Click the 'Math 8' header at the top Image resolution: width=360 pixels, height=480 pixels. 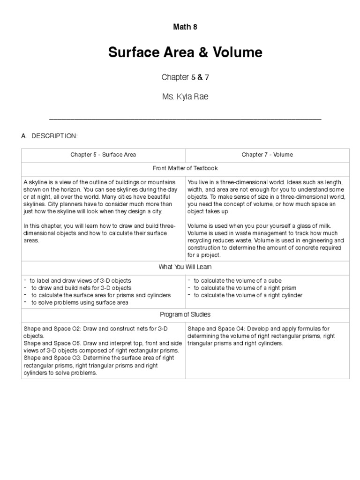(x=185, y=27)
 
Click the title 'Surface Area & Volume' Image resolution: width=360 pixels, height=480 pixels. (x=185, y=52)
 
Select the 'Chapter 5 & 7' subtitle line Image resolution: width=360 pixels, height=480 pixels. (x=185, y=77)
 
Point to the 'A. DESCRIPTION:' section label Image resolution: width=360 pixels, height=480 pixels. (x=49, y=136)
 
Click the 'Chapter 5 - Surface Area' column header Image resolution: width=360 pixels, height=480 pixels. (x=103, y=154)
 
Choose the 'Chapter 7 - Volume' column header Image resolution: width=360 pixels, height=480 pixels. (x=267, y=154)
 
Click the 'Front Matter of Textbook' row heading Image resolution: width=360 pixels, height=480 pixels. (x=185, y=168)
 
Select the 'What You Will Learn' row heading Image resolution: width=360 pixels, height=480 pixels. (x=185, y=267)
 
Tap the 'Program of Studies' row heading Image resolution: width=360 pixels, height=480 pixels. (x=185, y=314)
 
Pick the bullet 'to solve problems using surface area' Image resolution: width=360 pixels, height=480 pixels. (x=80, y=302)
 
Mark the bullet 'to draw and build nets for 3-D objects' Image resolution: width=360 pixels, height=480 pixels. (x=81, y=288)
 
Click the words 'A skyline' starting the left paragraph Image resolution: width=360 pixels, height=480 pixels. (x=34, y=182)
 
